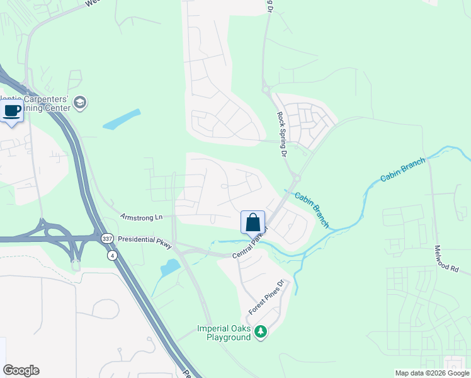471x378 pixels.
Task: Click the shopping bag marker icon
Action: coord(253,222)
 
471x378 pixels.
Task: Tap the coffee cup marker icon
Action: coord(11,112)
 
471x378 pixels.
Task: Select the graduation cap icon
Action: coord(80,102)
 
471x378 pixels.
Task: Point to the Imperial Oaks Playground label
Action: coord(224,333)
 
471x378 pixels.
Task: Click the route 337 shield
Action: coord(106,238)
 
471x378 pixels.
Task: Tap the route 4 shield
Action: coord(112,255)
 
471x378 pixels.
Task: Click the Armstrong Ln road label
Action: coord(141,217)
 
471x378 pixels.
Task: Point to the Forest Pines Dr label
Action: coord(268,297)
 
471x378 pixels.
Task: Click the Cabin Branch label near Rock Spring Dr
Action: coord(312,210)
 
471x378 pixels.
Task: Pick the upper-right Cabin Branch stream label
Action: coord(403,169)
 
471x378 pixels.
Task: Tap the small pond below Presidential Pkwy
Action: coord(170,268)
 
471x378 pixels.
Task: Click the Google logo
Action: coord(21,370)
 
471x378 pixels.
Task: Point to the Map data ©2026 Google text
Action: coord(432,373)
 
